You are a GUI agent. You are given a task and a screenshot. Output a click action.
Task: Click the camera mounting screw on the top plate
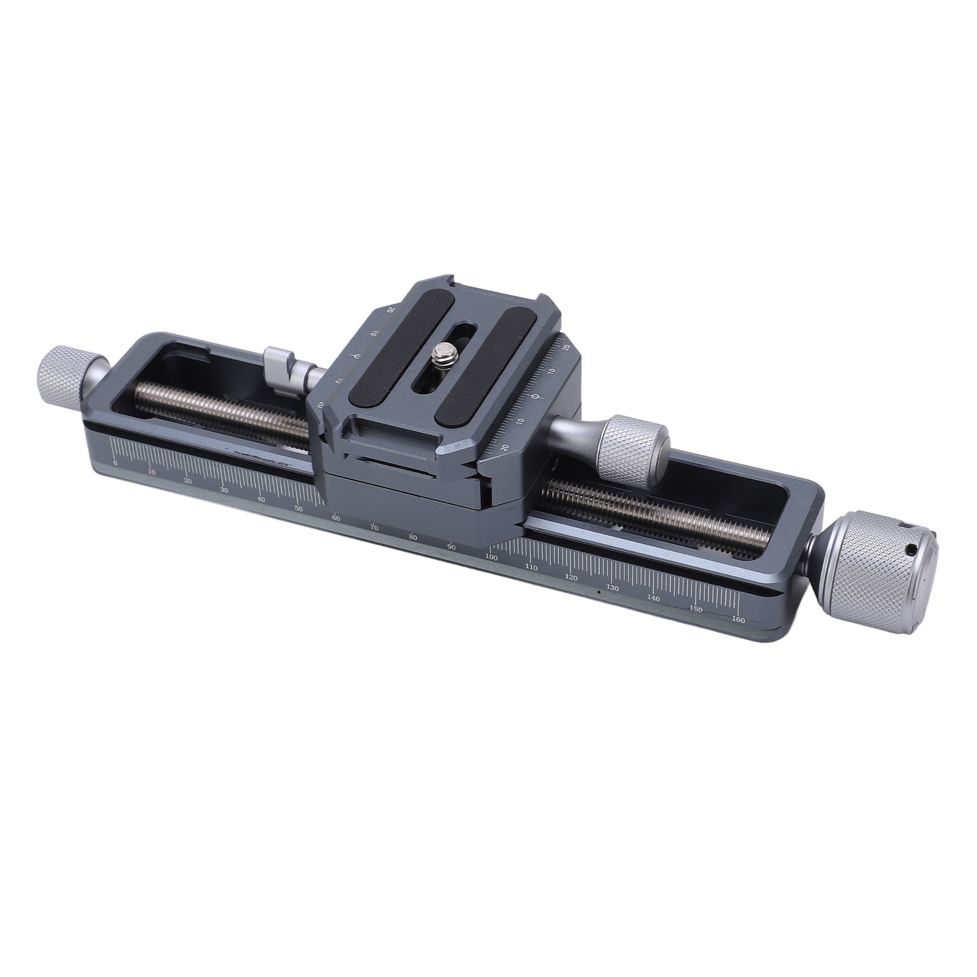tap(438, 353)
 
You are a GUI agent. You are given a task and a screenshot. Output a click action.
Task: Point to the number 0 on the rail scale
tap(115, 463)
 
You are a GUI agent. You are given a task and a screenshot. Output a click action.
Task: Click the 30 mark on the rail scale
tap(225, 490)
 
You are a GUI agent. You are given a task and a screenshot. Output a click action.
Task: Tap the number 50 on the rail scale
tap(299, 508)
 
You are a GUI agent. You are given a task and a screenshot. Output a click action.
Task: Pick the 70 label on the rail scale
tap(375, 527)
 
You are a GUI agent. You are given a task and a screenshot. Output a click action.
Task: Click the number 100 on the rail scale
tap(491, 557)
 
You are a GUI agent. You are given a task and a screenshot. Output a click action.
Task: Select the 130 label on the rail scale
tap(612, 588)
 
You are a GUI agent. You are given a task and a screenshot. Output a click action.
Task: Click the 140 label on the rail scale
tap(654, 598)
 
